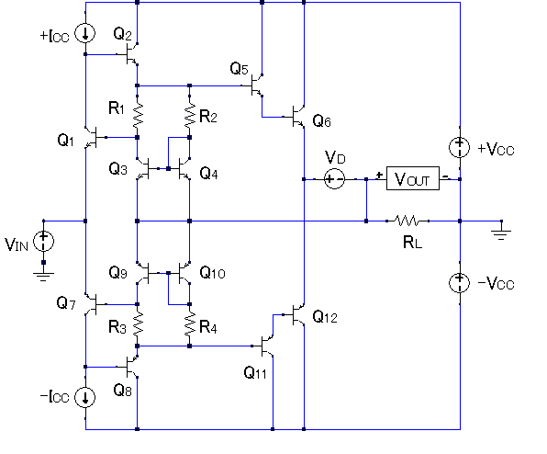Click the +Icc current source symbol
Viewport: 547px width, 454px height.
(x=85, y=33)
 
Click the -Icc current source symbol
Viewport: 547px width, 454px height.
(x=85, y=397)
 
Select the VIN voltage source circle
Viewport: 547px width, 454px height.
(x=44, y=242)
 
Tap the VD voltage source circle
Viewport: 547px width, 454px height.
(x=335, y=179)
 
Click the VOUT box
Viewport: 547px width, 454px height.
(x=413, y=178)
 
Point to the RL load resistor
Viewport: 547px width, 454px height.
(x=407, y=221)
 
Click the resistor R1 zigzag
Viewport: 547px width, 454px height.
(x=138, y=115)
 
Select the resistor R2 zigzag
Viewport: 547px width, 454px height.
(x=189, y=115)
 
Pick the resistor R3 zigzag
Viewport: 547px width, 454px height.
(x=138, y=324)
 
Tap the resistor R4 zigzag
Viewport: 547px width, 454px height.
(x=189, y=324)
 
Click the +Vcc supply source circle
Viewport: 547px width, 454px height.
(x=460, y=147)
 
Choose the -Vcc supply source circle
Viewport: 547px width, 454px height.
(x=460, y=283)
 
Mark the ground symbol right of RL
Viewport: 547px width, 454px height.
(x=501, y=235)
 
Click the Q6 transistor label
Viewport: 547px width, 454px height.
(x=321, y=121)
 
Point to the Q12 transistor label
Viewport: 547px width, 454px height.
(x=325, y=317)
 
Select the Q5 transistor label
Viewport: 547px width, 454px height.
(x=240, y=68)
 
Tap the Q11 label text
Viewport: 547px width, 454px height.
(x=255, y=372)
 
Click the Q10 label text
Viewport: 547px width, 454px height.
(x=212, y=272)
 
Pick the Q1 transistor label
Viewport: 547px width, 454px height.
(x=65, y=141)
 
